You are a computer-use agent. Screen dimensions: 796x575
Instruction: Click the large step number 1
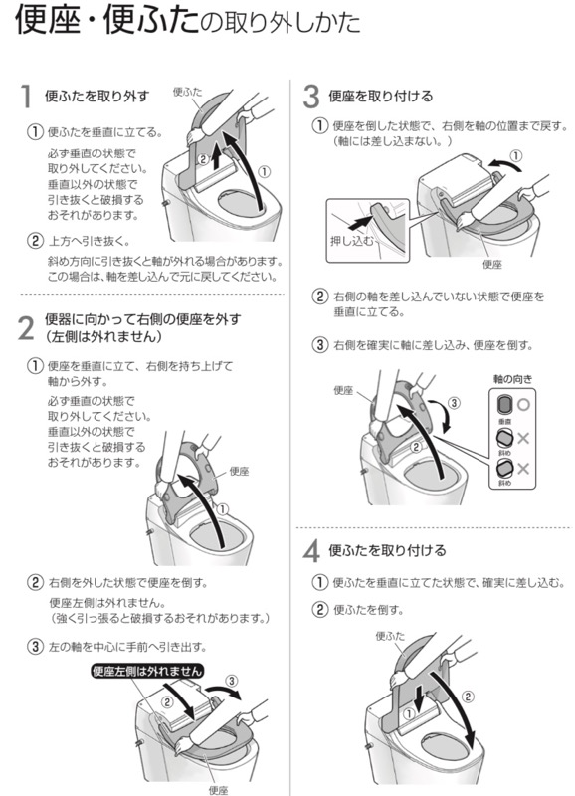pos(28,98)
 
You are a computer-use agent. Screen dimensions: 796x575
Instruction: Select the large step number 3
pos(311,97)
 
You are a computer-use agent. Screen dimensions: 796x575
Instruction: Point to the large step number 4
pos(311,552)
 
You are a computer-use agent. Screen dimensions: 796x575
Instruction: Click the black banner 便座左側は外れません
pos(146,670)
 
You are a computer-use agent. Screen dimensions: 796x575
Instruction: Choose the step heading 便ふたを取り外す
pos(97,97)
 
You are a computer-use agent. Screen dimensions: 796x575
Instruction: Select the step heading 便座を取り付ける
pos(381,97)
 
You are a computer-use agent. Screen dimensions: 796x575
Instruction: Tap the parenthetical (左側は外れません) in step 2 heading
pos(106,338)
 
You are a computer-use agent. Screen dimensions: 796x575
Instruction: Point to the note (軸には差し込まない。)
pos(394,142)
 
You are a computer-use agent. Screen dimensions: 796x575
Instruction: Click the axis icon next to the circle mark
pos(503,403)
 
